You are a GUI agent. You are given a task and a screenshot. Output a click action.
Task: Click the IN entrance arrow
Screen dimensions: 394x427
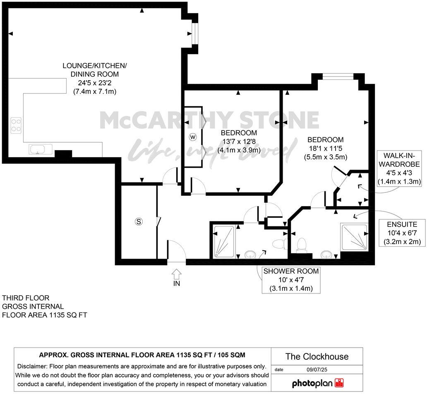pos(176,274)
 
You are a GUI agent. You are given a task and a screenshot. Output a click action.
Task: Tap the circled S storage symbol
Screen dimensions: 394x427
pos(139,222)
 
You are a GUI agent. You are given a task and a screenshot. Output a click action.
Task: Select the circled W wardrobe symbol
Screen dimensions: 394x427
pos(192,137)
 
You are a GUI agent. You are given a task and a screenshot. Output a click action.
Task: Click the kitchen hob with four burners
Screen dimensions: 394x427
pos(16,125)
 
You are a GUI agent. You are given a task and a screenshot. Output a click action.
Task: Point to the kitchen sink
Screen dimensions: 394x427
pos(40,149)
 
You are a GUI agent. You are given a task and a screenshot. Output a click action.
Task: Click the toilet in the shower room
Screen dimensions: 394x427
pos(281,243)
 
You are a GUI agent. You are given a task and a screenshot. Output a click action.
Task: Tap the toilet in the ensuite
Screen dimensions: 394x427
pos(302,245)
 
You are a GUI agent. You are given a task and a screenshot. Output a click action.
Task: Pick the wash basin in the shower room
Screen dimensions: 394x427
pos(250,254)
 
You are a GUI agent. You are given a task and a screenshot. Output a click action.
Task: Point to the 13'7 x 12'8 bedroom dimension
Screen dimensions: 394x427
pos(238,142)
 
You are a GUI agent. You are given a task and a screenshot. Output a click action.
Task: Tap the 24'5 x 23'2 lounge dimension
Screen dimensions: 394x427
pos(95,83)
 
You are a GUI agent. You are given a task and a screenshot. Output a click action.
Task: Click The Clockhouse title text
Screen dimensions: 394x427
pos(317,356)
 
